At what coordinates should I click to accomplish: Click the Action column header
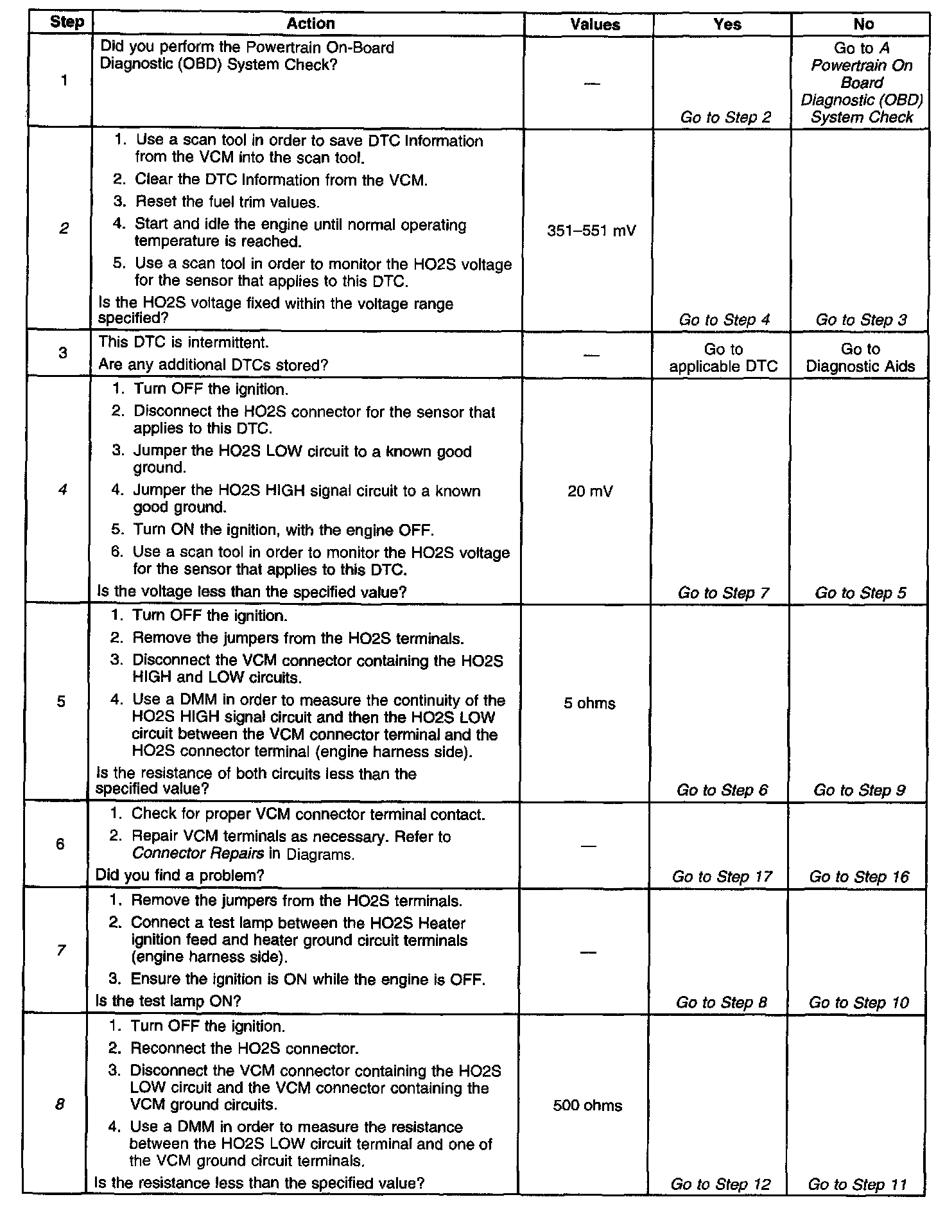[x=310, y=24]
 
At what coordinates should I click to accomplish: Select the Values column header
[x=595, y=24]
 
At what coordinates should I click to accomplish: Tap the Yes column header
[x=727, y=24]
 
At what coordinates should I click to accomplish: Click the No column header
[x=863, y=24]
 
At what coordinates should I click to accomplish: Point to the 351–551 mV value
[x=591, y=231]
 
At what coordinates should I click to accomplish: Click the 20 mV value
[x=590, y=492]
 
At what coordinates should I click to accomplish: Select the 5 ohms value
[x=589, y=703]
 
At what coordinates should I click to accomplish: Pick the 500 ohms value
[x=587, y=1105]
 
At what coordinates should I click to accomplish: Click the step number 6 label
[x=60, y=844]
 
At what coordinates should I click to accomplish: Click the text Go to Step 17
[x=722, y=877]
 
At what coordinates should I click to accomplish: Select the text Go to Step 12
[x=720, y=1184]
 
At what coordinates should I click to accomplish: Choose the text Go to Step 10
[x=858, y=1002]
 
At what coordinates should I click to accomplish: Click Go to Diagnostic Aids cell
[x=860, y=358]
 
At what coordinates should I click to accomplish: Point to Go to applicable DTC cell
[x=723, y=358]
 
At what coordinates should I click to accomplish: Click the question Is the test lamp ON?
[x=168, y=1001]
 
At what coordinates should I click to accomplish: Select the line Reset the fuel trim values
[x=227, y=202]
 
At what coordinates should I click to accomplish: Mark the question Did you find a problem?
[x=180, y=875]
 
